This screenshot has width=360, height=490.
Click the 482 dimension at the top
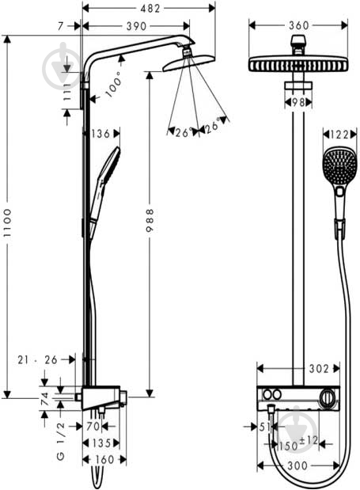tap(150, 9)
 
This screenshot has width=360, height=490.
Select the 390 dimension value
tap(136, 26)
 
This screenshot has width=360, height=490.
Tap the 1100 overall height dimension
tap(7, 222)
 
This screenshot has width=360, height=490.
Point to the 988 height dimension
tap(150, 220)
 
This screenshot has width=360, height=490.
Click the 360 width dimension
tap(299, 25)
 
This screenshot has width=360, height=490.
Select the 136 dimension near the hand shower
tap(100, 134)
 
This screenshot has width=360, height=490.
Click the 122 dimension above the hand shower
tap(339, 135)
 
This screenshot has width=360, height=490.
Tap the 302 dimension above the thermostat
tap(319, 369)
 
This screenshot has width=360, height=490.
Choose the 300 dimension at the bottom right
tap(297, 466)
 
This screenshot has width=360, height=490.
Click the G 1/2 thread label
tap(61, 441)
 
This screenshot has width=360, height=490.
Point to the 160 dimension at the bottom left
tap(104, 460)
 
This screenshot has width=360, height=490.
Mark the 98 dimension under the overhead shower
tap(298, 102)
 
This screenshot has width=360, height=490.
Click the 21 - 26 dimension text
tap(37, 360)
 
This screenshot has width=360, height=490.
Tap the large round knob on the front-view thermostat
tap(328, 398)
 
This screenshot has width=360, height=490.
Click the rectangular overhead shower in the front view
tap(298, 64)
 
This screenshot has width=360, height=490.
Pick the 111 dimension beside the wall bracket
tap(66, 92)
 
